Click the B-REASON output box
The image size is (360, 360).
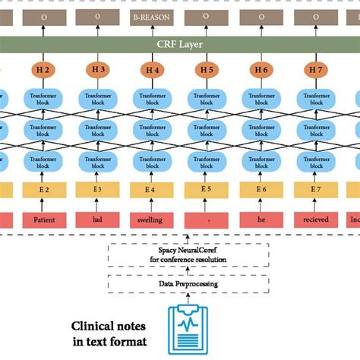coord(152,15)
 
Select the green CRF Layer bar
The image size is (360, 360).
coord(180,44)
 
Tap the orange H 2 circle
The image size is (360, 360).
coord(43,71)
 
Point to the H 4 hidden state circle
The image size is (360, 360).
coord(152,71)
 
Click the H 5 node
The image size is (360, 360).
coord(207,71)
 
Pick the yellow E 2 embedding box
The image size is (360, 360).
coord(43,190)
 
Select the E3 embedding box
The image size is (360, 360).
coord(98,190)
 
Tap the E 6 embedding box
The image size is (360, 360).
coord(261,190)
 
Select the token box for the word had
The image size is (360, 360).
coord(98,220)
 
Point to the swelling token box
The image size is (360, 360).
coord(152,220)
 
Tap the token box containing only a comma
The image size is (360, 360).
coord(207,220)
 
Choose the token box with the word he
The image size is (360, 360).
coord(261,220)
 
